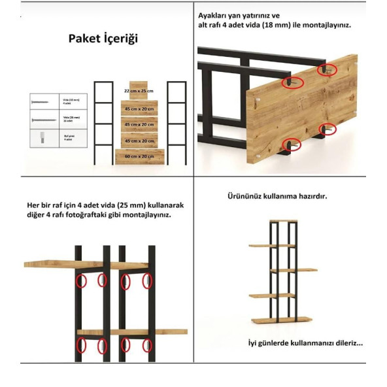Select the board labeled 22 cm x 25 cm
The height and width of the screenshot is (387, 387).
pyautogui.click(x=138, y=91)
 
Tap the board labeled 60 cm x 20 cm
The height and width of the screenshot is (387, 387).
pyautogui.click(x=138, y=157)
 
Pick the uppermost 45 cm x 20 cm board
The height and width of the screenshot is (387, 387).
pyautogui.click(x=138, y=109)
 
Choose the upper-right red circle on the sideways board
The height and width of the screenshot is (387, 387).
pyautogui.click(x=325, y=69)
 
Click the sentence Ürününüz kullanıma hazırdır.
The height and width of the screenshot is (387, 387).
pyautogui.click(x=286, y=196)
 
